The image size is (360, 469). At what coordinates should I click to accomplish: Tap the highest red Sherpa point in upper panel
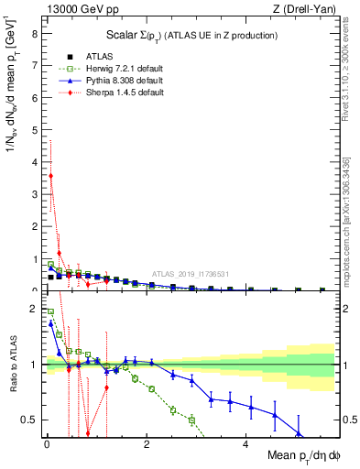coord(50,175)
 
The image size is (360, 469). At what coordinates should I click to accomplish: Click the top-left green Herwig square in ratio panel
coord(50,311)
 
